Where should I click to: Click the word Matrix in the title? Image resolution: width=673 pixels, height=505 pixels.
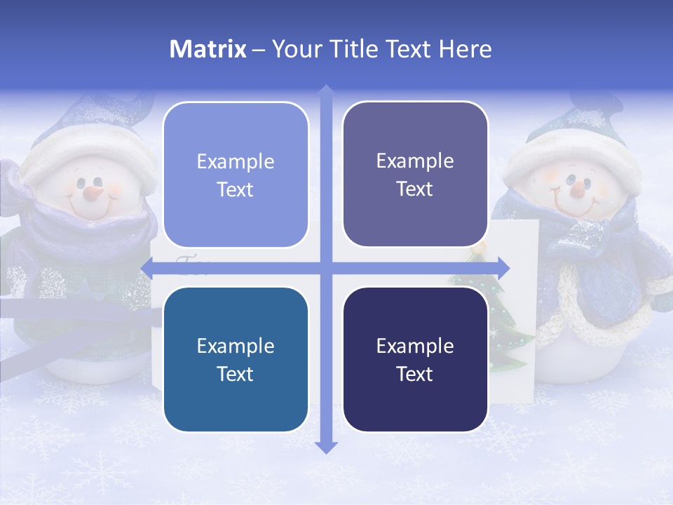pos(208,49)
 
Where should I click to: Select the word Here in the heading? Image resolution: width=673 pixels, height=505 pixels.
pos(465,49)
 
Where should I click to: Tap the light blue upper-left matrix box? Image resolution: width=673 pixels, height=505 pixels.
pos(236,175)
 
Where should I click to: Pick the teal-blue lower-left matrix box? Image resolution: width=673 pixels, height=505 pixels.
pos(236,359)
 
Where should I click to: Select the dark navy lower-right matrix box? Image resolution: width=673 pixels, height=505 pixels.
pos(415,359)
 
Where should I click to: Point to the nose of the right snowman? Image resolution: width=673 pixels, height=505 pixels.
pos(576,188)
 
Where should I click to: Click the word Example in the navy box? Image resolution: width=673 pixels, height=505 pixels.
pos(415,346)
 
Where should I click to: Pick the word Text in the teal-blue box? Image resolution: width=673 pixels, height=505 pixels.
pos(236,374)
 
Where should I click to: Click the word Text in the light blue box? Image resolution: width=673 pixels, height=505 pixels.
pos(236,189)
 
